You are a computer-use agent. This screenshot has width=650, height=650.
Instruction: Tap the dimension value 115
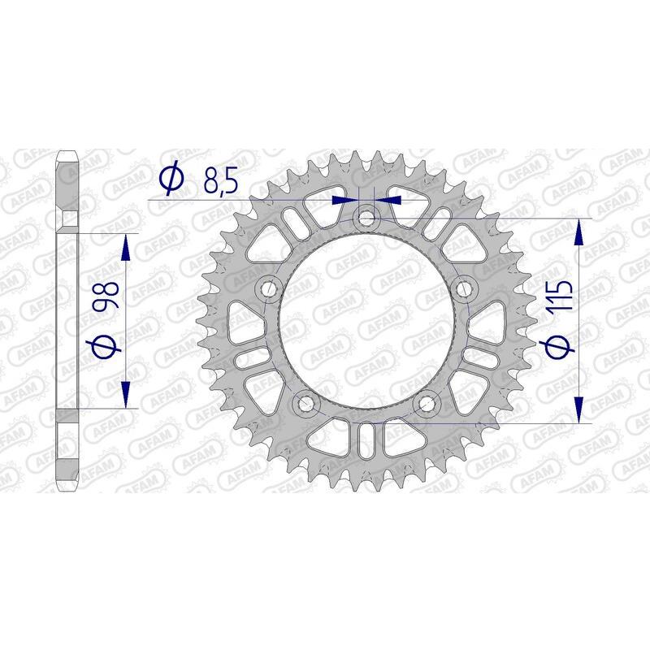[x=563, y=301]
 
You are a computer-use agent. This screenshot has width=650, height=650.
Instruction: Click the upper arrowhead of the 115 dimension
[x=578, y=232]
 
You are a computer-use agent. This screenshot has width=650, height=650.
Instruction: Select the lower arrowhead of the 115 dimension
[x=578, y=409]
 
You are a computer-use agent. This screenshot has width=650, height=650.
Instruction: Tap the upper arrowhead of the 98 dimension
[x=126, y=248]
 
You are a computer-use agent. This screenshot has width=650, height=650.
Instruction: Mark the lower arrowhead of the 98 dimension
[x=126, y=394]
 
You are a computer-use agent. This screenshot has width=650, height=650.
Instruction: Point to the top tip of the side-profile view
[x=67, y=152]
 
